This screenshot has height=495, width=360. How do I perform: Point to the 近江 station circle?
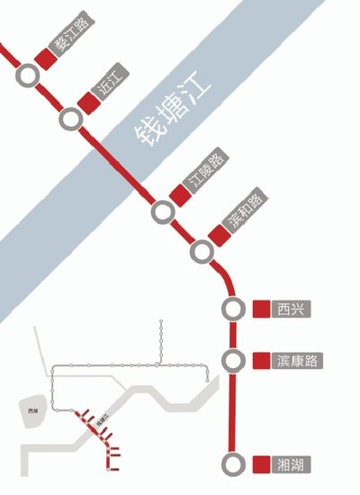[69, 118]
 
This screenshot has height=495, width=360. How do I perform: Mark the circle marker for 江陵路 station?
[163, 211]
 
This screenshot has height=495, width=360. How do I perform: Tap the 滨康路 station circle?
[233, 360]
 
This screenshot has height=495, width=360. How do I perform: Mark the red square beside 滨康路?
[261, 360]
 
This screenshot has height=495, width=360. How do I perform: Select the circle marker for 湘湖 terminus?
[233, 464]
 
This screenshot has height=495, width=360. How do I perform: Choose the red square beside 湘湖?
[261, 464]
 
